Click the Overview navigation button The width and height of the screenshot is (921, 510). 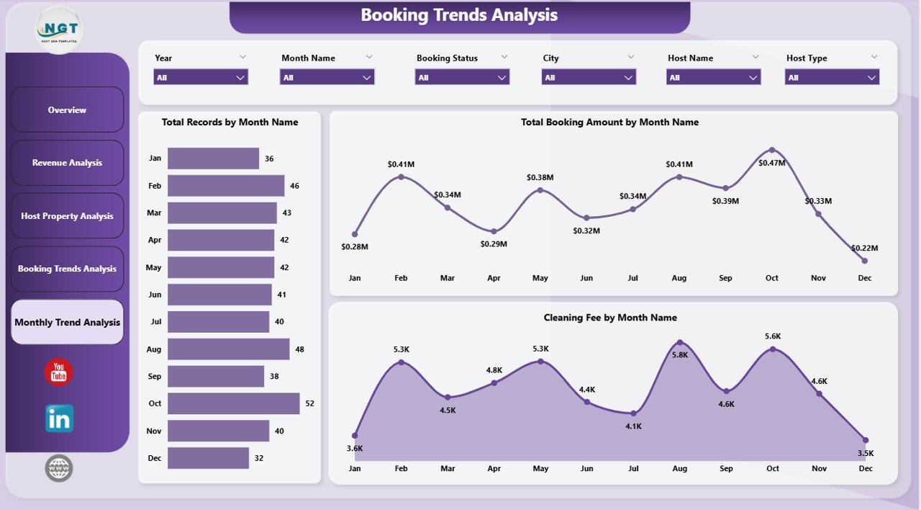[x=67, y=110]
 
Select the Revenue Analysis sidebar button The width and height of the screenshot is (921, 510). [x=67, y=163]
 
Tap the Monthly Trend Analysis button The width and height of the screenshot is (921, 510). [x=67, y=322]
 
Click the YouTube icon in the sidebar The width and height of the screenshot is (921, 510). [x=59, y=372]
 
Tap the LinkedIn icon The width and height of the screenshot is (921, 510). [x=59, y=419]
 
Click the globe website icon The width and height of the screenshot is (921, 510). [x=59, y=468]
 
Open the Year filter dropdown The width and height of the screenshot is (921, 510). [x=201, y=77]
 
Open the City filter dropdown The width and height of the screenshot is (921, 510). [x=589, y=77]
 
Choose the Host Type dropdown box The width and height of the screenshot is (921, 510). [x=832, y=77]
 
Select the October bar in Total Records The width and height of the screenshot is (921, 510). [x=233, y=403]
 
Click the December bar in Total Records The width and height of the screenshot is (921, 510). [x=208, y=458]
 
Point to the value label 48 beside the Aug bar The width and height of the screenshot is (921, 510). [x=300, y=349]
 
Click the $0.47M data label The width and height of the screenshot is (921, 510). [x=772, y=164]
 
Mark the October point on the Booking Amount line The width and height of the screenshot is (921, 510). [x=772, y=150]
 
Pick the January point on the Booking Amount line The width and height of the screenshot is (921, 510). [x=355, y=234]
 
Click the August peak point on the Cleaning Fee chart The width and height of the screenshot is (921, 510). [x=680, y=342]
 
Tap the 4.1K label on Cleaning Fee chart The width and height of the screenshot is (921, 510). [x=633, y=426]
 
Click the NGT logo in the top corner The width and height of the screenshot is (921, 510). [x=59, y=30]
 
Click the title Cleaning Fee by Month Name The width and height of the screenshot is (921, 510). [x=609, y=318]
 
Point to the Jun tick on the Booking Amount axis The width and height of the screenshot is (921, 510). [x=586, y=278]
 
